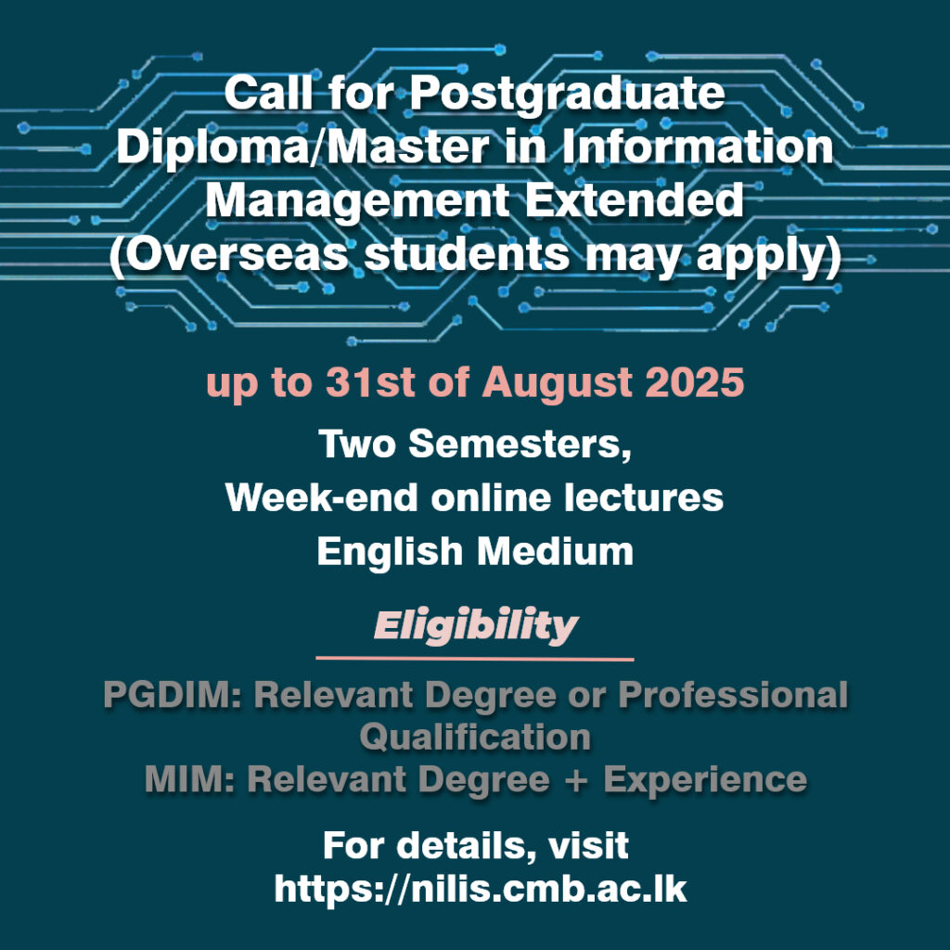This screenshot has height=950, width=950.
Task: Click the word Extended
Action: click(x=634, y=200)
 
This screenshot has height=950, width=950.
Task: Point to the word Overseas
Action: click(x=229, y=255)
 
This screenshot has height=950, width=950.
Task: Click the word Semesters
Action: click(x=520, y=444)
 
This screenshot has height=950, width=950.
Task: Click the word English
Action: click(x=390, y=551)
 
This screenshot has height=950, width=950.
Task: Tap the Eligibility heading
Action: click(x=476, y=626)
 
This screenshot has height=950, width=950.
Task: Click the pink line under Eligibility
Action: click(x=475, y=658)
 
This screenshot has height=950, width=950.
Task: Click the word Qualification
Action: click(x=476, y=738)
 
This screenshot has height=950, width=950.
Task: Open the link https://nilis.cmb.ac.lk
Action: click(x=481, y=890)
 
